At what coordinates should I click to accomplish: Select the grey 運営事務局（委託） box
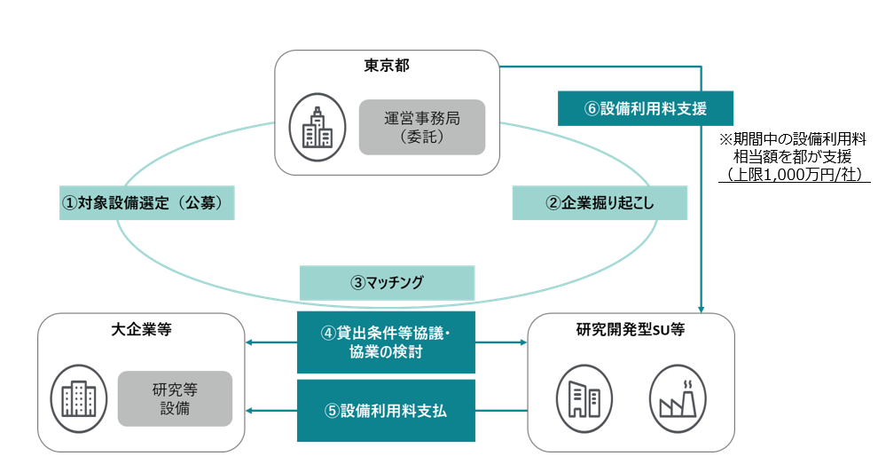coord(422,126)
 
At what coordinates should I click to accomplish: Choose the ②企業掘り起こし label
coord(600,203)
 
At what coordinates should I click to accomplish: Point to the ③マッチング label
coord(388,283)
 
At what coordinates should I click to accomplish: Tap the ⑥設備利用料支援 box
coord(646,108)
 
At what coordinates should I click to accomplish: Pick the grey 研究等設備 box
coord(175,398)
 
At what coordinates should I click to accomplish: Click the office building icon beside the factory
coord(584,394)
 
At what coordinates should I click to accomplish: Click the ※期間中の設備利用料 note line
coord(793,139)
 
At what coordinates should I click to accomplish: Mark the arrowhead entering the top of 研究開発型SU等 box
coord(702,308)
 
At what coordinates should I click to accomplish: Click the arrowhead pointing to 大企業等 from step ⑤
coord(250,411)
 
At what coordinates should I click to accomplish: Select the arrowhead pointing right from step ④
coord(521,342)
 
